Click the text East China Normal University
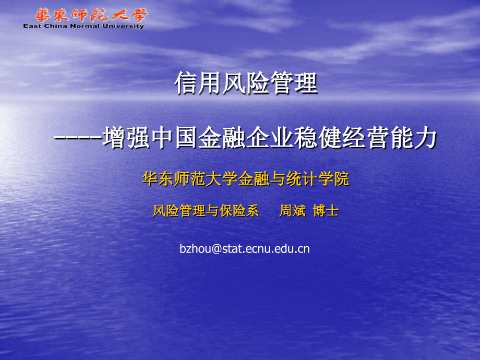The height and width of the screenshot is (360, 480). (x=84, y=26)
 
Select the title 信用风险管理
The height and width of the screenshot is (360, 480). (x=246, y=84)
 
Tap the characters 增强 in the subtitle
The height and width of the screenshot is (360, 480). (x=125, y=139)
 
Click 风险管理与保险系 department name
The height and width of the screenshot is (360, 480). (x=206, y=211)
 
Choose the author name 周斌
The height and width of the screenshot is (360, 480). (x=292, y=211)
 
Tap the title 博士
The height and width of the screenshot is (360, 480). (x=326, y=211)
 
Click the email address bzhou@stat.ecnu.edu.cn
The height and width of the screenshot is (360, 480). (x=244, y=249)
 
